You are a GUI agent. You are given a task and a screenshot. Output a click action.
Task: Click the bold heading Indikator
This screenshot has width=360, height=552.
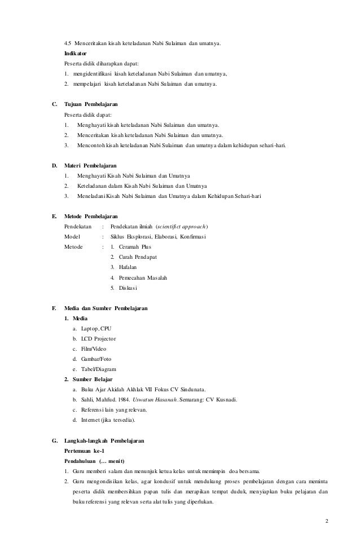click(76, 52)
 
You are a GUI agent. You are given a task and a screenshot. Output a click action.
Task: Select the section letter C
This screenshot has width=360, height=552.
click(54, 104)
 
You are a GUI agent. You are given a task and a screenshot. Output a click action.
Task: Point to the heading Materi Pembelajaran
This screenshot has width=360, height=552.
click(90, 166)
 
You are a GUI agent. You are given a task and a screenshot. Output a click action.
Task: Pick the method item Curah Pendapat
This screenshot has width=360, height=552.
click(138, 257)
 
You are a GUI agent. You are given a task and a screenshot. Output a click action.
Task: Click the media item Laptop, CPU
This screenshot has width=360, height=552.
click(98, 328)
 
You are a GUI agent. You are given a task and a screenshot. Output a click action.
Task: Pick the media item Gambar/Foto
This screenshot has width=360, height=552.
click(96, 359)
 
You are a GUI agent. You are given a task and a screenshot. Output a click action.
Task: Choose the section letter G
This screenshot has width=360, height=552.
click(54, 440)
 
